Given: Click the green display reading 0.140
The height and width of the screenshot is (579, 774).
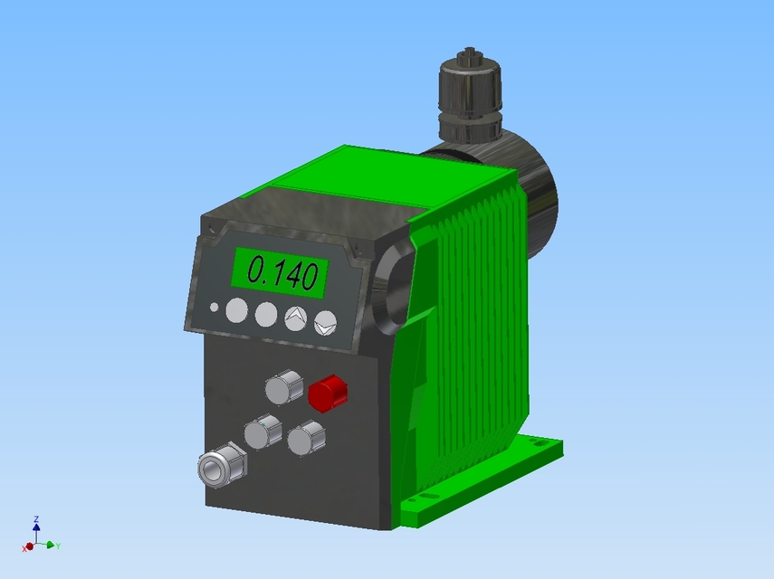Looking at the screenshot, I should pyautogui.click(x=281, y=271).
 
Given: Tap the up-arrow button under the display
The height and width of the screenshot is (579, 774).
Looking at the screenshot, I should pyautogui.click(x=295, y=317).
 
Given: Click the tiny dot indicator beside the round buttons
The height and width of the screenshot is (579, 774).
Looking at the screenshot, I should pyautogui.click(x=214, y=308).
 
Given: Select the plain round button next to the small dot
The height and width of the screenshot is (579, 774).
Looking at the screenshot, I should pyautogui.click(x=235, y=310).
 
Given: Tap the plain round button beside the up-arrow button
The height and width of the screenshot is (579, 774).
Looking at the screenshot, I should pyautogui.click(x=265, y=314).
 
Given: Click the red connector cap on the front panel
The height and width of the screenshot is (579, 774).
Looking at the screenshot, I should pyautogui.click(x=327, y=393).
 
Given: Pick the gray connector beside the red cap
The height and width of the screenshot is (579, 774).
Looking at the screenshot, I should pyautogui.click(x=283, y=387).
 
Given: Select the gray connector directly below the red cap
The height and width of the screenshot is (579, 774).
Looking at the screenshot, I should pyautogui.click(x=306, y=439).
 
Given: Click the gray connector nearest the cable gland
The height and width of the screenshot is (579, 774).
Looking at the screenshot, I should pyautogui.click(x=262, y=432).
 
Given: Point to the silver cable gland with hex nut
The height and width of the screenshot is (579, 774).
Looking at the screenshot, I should pyautogui.click(x=220, y=466).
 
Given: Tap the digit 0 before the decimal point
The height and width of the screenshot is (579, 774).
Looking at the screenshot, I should pyautogui.click(x=257, y=271).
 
